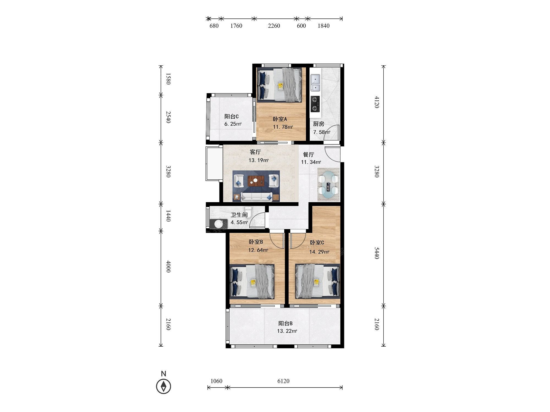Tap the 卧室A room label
280,119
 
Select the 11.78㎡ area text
283,127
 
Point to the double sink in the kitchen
315,83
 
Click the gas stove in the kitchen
315,104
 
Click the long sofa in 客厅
256,197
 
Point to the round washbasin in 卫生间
219,224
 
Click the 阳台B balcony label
285,323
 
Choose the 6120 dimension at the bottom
283,381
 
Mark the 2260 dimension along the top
274,26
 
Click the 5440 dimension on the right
377,253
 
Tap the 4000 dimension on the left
168,266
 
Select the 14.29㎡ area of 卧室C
319,252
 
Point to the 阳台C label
232,116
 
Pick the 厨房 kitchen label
318,124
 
